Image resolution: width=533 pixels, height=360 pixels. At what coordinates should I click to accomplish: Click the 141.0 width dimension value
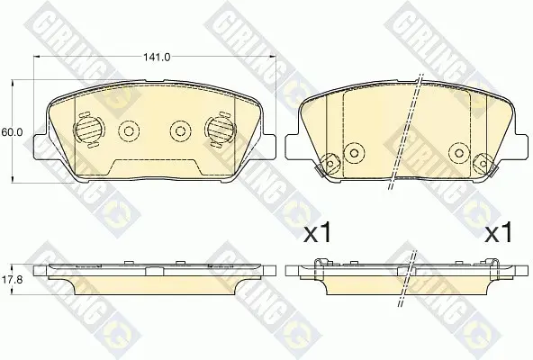click(x=157, y=57)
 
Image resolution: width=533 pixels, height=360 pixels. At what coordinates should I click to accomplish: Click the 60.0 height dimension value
click(x=12, y=132)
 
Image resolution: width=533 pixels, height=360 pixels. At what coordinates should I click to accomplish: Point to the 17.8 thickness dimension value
click(x=12, y=280)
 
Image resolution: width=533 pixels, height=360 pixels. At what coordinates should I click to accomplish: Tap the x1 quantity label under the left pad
click(x=317, y=232)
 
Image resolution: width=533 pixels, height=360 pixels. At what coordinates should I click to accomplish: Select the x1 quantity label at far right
click(x=498, y=232)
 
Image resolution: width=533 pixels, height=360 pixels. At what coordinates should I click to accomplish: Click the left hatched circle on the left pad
click(x=87, y=130)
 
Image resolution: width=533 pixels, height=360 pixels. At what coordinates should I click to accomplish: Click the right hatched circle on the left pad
click(x=220, y=130)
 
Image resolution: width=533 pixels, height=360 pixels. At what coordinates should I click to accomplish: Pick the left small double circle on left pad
click(x=129, y=130)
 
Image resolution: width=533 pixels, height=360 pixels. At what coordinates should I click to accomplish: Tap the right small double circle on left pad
click(x=180, y=130)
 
